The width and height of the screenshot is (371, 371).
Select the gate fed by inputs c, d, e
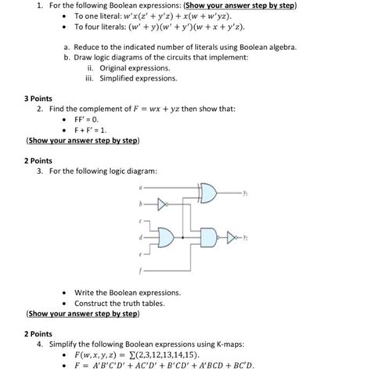click(x=167, y=236)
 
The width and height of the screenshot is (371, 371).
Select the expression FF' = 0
click(x=88, y=121)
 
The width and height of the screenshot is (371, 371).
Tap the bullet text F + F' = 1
click(x=91, y=131)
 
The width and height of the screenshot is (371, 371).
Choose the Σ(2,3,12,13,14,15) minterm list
click(x=175, y=352)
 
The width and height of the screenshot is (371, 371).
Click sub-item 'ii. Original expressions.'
click(x=129, y=68)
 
